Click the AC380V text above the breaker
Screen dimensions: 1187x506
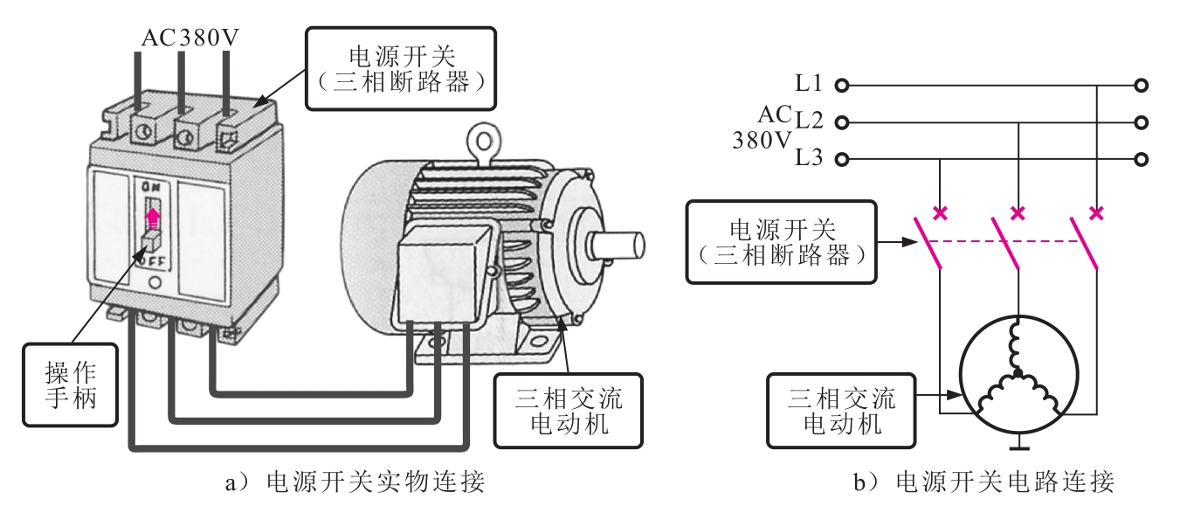190,38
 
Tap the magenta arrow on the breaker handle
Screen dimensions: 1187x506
153,218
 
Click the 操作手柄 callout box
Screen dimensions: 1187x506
70,385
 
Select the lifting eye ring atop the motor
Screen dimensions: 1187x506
484,141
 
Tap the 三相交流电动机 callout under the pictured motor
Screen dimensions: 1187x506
568,411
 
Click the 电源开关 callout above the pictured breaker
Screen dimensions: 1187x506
401,69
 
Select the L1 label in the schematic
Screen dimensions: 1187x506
809,83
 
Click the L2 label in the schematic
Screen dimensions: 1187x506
809,121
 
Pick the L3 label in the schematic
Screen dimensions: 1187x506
809,157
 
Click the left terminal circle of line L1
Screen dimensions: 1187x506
842,86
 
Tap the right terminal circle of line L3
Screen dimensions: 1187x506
1142,159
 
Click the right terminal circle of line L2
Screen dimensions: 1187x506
1142,122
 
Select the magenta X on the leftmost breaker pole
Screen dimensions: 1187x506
940,213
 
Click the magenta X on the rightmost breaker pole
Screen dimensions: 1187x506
1096,213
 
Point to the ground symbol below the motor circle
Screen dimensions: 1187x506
1019,445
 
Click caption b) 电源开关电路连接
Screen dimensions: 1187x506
983,482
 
